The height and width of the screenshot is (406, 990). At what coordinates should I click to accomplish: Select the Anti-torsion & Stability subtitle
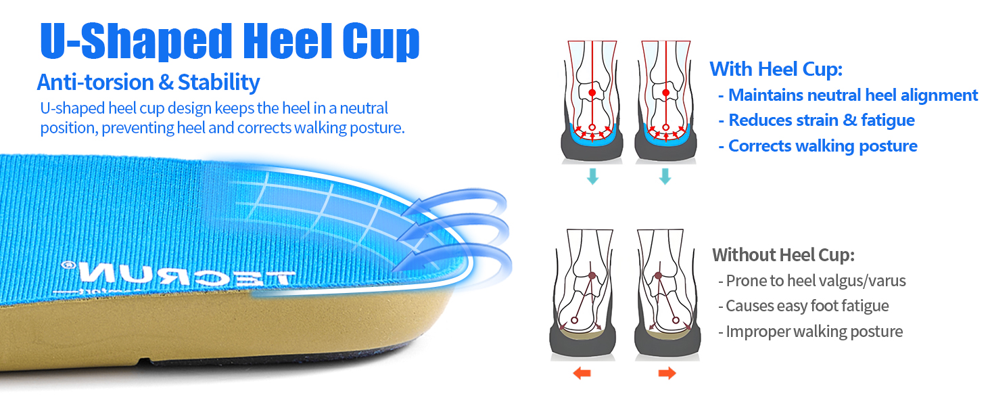click(x=148, y=83)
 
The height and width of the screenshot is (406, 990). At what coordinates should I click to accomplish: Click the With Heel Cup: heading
click(x=776, y=69)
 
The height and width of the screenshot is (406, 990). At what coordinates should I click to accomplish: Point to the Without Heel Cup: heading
click(x=783, y=255)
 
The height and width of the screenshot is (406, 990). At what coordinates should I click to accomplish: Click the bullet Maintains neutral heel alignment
click(x=853, y=95)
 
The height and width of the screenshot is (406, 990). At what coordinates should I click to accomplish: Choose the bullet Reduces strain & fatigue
click(x=821, y=120)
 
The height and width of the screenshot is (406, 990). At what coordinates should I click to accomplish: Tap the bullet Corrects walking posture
click(x=822, y=146)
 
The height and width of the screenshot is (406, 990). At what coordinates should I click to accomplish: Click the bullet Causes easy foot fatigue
click(x=807, y=306)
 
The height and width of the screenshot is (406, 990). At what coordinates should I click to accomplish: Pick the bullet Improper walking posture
click(x=814, y=332)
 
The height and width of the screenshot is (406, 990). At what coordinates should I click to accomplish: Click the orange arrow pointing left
click(x=582, y=373)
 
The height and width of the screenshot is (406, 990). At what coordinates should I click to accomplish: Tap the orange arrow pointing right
click(x=667, y=373)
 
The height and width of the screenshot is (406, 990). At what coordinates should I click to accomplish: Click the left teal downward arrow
click(x=592, y=177)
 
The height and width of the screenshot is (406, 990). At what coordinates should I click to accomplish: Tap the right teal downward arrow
click(x=665, y=177)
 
